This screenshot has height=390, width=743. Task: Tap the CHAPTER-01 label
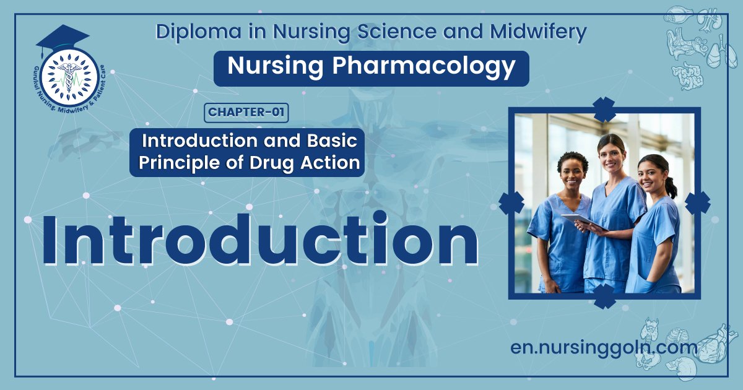[246, 112]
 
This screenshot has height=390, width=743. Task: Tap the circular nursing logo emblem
[69, 77]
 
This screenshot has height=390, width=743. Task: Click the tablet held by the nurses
[583, 221]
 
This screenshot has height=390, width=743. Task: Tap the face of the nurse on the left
[572, 172]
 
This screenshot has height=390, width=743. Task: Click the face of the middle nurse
[611, 155]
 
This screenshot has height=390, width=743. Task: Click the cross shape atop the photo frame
[604, 110]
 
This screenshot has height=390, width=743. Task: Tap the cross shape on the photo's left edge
[511, 203]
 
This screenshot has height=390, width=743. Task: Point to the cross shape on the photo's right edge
[697, 203]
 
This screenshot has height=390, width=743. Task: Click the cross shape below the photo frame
[604, 297]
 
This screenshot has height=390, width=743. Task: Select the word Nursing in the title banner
[275, 67]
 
